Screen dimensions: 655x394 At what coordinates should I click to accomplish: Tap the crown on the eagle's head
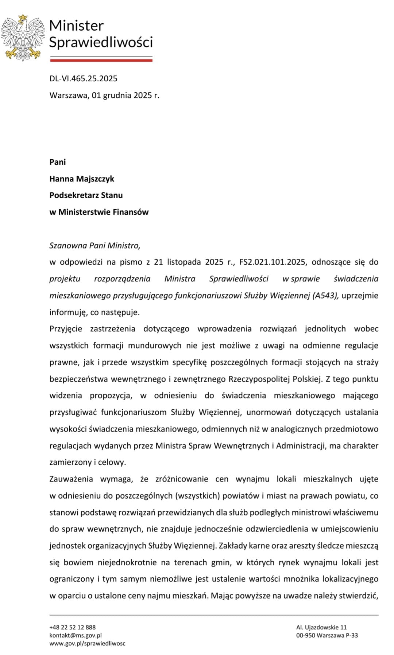23,17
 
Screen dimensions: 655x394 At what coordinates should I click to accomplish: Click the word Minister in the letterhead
76,26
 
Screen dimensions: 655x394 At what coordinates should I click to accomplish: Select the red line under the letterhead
101,60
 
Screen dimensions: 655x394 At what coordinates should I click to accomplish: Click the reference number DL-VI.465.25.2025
83,78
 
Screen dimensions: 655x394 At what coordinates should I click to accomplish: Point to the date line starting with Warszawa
104,95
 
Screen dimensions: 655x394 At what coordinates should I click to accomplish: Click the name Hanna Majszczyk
82,179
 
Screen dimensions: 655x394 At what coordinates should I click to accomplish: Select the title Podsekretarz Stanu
86,195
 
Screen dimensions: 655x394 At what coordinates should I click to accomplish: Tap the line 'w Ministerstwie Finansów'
99,212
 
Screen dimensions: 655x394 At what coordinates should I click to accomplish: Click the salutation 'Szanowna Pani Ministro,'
95,245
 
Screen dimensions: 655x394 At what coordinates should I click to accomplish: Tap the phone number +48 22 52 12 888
72,627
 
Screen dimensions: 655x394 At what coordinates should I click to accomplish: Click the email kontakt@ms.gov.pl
76,635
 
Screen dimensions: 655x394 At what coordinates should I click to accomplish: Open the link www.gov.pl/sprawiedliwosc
87,643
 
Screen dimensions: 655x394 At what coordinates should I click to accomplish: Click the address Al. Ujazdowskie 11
321,627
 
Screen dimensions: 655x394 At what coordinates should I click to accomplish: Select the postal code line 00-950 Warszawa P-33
327,635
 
